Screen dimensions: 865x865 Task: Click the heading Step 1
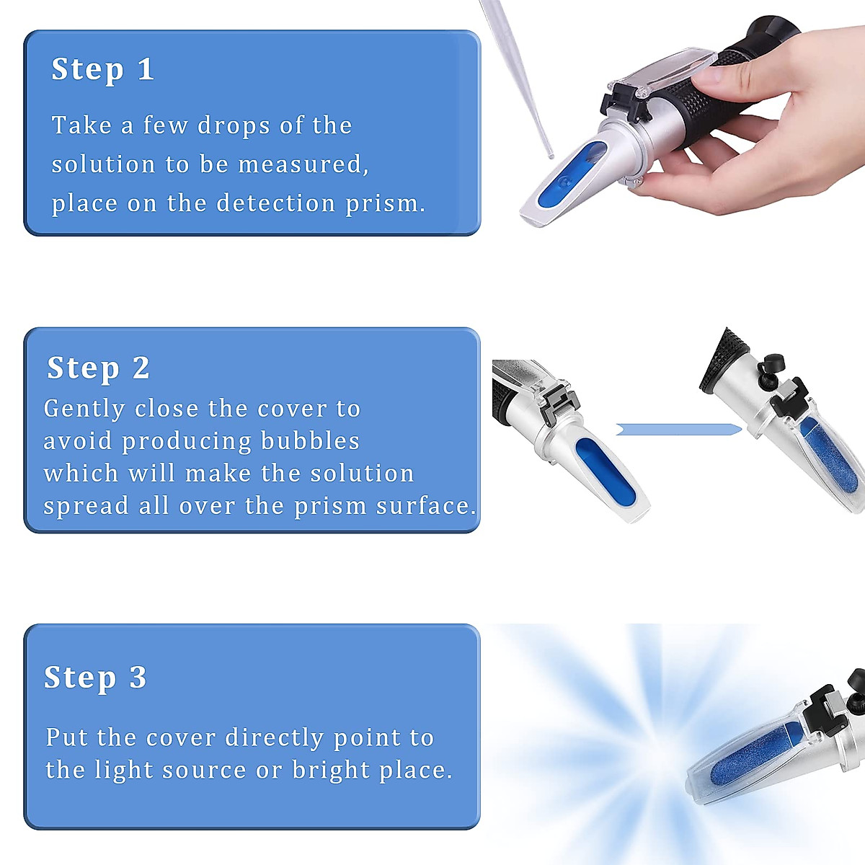pyautogui.click(x=102, y=70)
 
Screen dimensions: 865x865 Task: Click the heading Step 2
pyautogui.click(x=98, y=368)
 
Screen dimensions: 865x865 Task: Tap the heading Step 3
pyautogui.click(x=95, y=678)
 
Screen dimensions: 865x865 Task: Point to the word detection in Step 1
pyautogui.click(x=276, y=203)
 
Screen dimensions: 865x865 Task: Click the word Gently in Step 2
pyautogui.click(x=84, y=409)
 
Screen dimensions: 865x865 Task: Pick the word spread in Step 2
pyautogui.click(x=87, y=506)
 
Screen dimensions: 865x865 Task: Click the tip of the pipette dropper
pyautogui.click(x=550, y=154)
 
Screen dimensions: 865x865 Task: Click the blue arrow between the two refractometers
pyautogui.click(x=678, y=430)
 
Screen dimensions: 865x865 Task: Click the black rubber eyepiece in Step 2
pyautogui.click(x=725, y=360)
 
